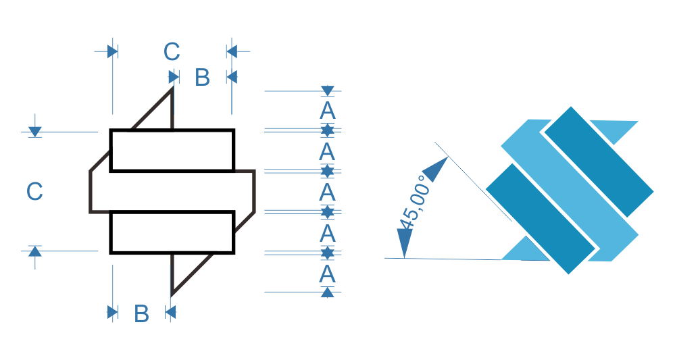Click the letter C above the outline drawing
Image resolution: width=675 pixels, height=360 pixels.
172,51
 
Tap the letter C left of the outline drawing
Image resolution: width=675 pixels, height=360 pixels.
34,191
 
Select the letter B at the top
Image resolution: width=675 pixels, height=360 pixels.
202,78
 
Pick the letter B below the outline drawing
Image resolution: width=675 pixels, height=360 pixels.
142,313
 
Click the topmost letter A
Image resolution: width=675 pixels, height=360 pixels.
328,111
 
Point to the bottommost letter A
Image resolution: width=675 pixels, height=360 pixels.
327,274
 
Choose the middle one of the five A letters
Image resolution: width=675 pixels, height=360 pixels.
327,192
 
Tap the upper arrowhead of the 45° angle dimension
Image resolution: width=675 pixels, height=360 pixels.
435,170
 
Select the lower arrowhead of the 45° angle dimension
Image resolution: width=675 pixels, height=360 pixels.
404,243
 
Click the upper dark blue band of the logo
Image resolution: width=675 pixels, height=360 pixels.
599,161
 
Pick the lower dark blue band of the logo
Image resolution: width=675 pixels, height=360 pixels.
541,218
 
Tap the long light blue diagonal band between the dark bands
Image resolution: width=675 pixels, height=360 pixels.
570,190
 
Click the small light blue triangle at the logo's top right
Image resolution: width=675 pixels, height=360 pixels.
616,130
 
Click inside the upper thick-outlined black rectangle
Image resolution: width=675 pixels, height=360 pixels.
172,151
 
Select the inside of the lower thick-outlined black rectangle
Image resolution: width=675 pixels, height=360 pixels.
172,232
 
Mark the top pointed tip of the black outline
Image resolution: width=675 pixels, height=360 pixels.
172,87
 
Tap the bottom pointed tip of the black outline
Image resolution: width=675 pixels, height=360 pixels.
172,295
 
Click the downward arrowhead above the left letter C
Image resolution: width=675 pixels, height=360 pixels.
35,132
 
